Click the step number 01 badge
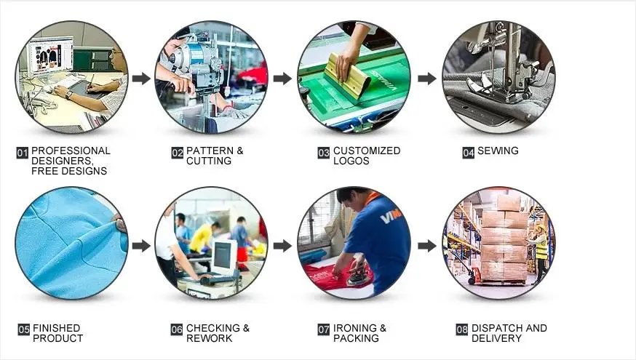pyautogui.click(x=22, y=153)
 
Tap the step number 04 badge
pyautogui.click(x=468, y=153)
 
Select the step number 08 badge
pyautogui.click(x=461, y=329)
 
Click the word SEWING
pyautogui.click(x=498, y=151)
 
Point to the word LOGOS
pyautogui.click(x=351, y=161)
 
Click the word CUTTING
pyautogui.click(x=208, y=161)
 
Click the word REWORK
pyautogui.click(x=209, y=338)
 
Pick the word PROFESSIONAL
pyautogui.click(x=71, y=151)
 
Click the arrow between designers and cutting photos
pyautogui.click(x=141, y=79)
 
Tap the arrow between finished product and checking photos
pyautogui.click(x=141, y=246)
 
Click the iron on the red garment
pyautogui.click(x=357, y=273)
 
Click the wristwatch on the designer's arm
pyautogui.click(x=68, y=94)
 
